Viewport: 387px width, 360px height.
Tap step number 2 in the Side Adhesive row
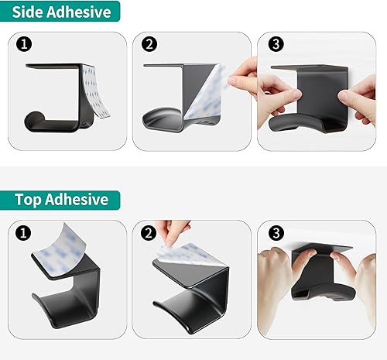point(149,45)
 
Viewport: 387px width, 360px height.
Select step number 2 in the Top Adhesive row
point(149,232)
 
